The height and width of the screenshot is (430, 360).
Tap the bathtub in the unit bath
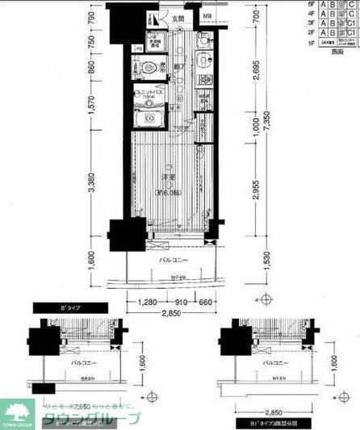point(150,119)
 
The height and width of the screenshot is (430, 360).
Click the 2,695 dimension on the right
point(254,75)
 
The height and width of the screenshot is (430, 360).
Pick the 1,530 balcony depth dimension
point(254,258)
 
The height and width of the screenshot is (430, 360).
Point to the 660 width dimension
point(206,303)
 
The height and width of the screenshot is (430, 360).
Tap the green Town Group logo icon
point(16,409)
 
